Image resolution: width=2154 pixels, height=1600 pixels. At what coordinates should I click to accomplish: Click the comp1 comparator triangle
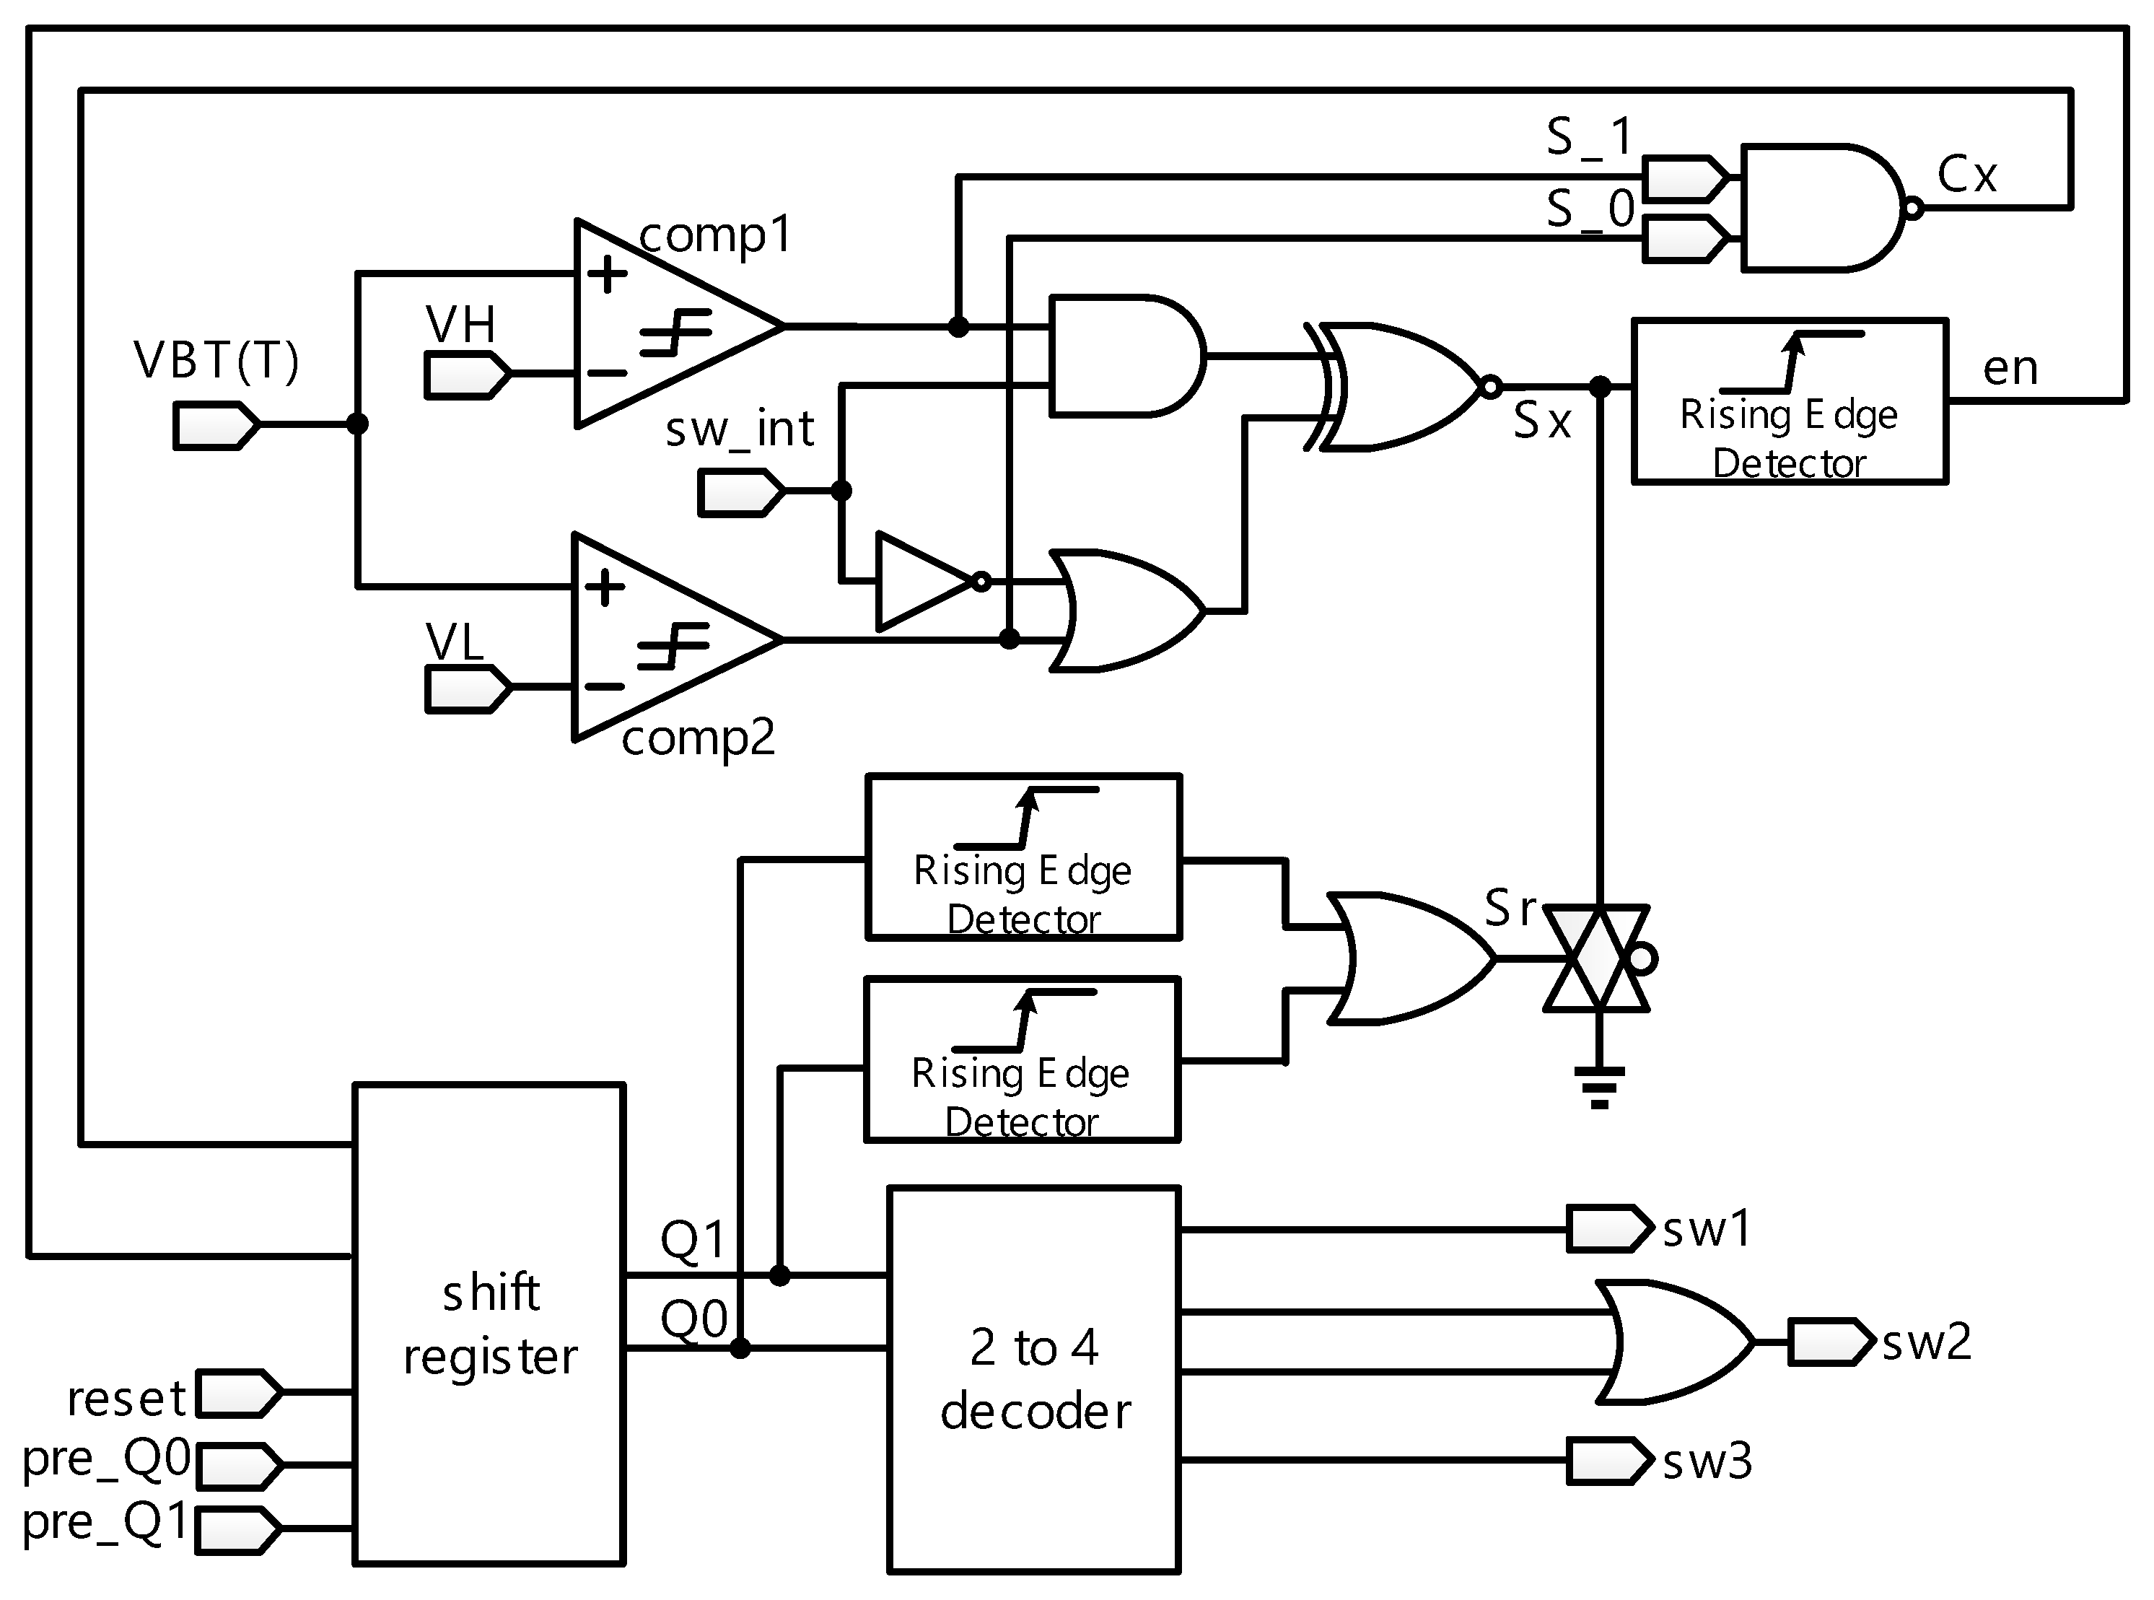[x=659, y=325]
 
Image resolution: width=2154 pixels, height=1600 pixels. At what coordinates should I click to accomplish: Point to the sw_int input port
[x=739, y=492]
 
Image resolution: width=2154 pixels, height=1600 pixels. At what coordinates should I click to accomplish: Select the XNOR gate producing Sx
[x=1395, y=388]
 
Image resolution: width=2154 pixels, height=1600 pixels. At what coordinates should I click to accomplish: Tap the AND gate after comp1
[x=1124, y=357]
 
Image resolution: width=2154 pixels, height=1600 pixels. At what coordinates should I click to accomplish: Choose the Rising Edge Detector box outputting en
[x=1789, y=401]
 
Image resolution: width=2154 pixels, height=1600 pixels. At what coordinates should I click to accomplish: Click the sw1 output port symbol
[x=1608, y=1229]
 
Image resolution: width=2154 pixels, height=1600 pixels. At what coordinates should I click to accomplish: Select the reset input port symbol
[x=238, y=1394]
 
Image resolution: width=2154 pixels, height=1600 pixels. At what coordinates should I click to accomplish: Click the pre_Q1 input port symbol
[x=238, y=1529]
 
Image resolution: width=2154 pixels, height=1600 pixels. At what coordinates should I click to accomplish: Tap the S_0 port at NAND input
[x=1685, y=238]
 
